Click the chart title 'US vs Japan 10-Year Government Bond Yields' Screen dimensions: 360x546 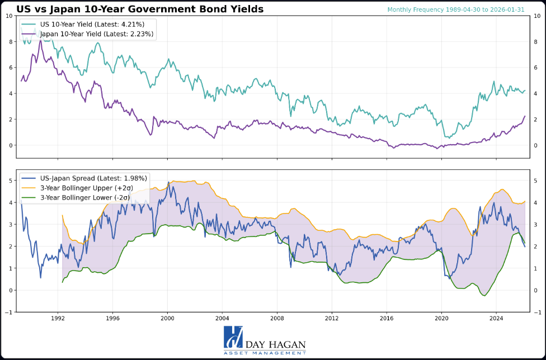point(140,9)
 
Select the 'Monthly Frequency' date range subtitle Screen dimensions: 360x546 point(456,10)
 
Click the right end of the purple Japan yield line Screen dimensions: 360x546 point(525,116)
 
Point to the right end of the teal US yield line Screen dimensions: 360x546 point(525,91)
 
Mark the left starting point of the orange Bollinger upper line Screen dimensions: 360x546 point(62,215)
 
